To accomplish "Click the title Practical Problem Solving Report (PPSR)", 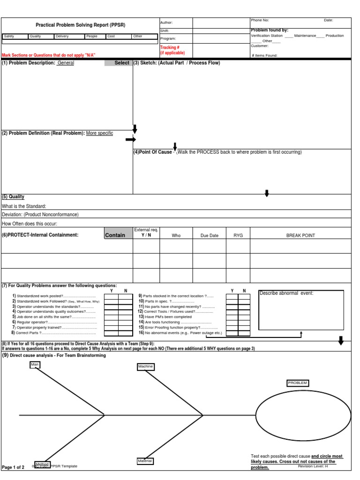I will tap(81, 25).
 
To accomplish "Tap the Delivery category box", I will tap(68, 36).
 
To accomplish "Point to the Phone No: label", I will tap(260, 21).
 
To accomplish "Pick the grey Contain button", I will tap(118, 235).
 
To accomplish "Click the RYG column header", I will tap(239, 236).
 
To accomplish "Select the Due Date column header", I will tap(210, 236).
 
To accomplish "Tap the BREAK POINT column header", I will tap(300, 236).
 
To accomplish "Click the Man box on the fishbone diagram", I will tap(35, 364).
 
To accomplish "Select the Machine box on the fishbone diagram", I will tap(145, 367).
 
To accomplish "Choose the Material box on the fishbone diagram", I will tap(145, 461).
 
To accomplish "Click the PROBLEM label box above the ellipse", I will tap(298, 383).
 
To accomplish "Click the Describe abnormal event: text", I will tap(286, 293).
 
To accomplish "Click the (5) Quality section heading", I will tap(13, 197).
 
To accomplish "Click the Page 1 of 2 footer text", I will tap(13, 467).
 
